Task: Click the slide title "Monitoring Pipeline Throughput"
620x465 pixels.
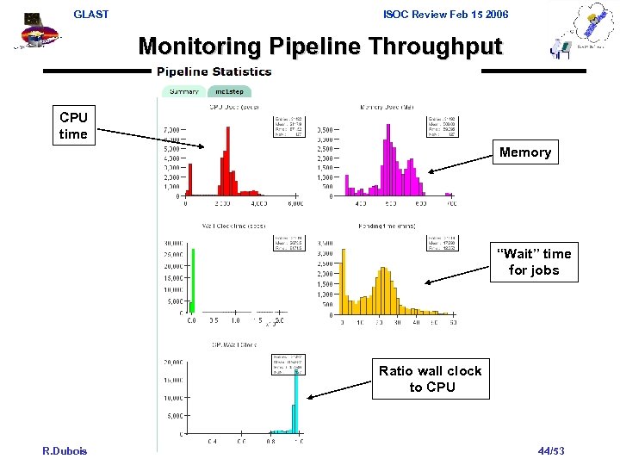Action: (319, 46)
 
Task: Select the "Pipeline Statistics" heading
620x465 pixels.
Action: (214, 71)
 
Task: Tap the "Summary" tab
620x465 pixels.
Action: (183, 91)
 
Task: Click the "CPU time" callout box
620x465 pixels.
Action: (73, 126)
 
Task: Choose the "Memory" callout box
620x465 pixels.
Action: (524, 152)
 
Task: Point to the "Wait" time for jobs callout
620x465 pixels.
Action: (533, 262)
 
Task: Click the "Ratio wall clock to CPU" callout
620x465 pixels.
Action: (431, 379)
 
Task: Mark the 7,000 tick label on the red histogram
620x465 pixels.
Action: (170, 130)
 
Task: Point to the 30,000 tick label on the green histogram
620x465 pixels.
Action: (173, 242)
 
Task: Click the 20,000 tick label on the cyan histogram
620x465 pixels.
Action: (171, 362)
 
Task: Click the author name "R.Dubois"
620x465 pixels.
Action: (65, 451)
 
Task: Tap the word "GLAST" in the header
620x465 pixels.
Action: (91, 15)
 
